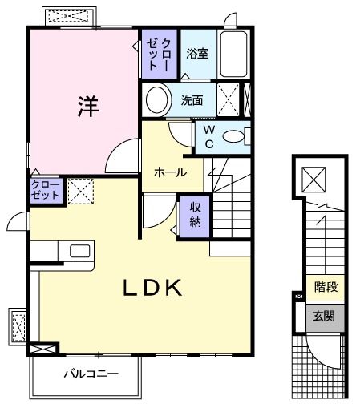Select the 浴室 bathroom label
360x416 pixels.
pos(197,54)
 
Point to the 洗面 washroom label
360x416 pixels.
pos(192,100)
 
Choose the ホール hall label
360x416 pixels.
pos(170,172)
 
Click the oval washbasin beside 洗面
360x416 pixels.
pos(158,100)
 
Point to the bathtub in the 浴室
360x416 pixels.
pos(234,55)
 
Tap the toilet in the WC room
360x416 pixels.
pos(235,136)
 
